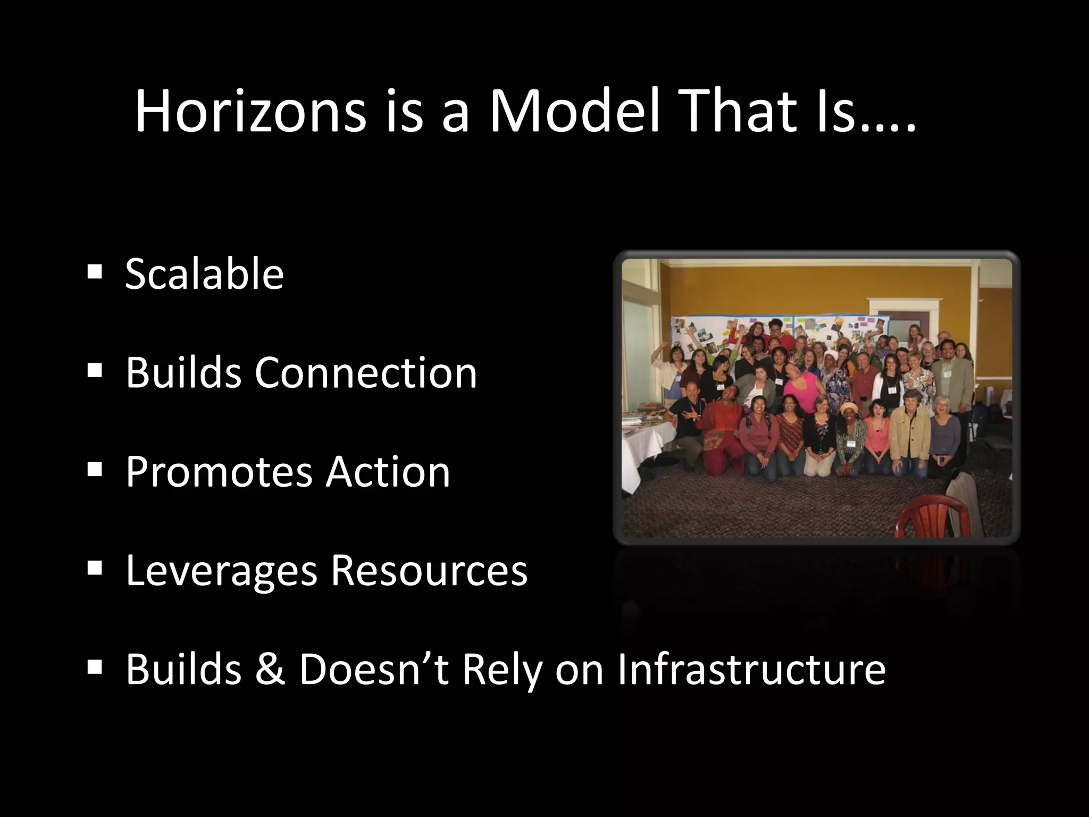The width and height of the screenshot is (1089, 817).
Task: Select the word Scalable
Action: [x=204, y=274]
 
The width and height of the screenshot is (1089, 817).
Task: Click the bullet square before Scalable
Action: [x=95, y=273]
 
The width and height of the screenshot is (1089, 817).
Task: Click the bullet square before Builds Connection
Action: [x=95, y=371]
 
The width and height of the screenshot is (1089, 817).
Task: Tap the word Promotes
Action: [x=219, y=472]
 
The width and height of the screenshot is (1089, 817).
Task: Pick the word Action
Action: [x=388, y=471]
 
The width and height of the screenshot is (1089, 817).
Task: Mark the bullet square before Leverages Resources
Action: [x=95, y=568]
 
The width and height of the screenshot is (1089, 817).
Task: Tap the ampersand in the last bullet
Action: [x=270, y=669]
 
